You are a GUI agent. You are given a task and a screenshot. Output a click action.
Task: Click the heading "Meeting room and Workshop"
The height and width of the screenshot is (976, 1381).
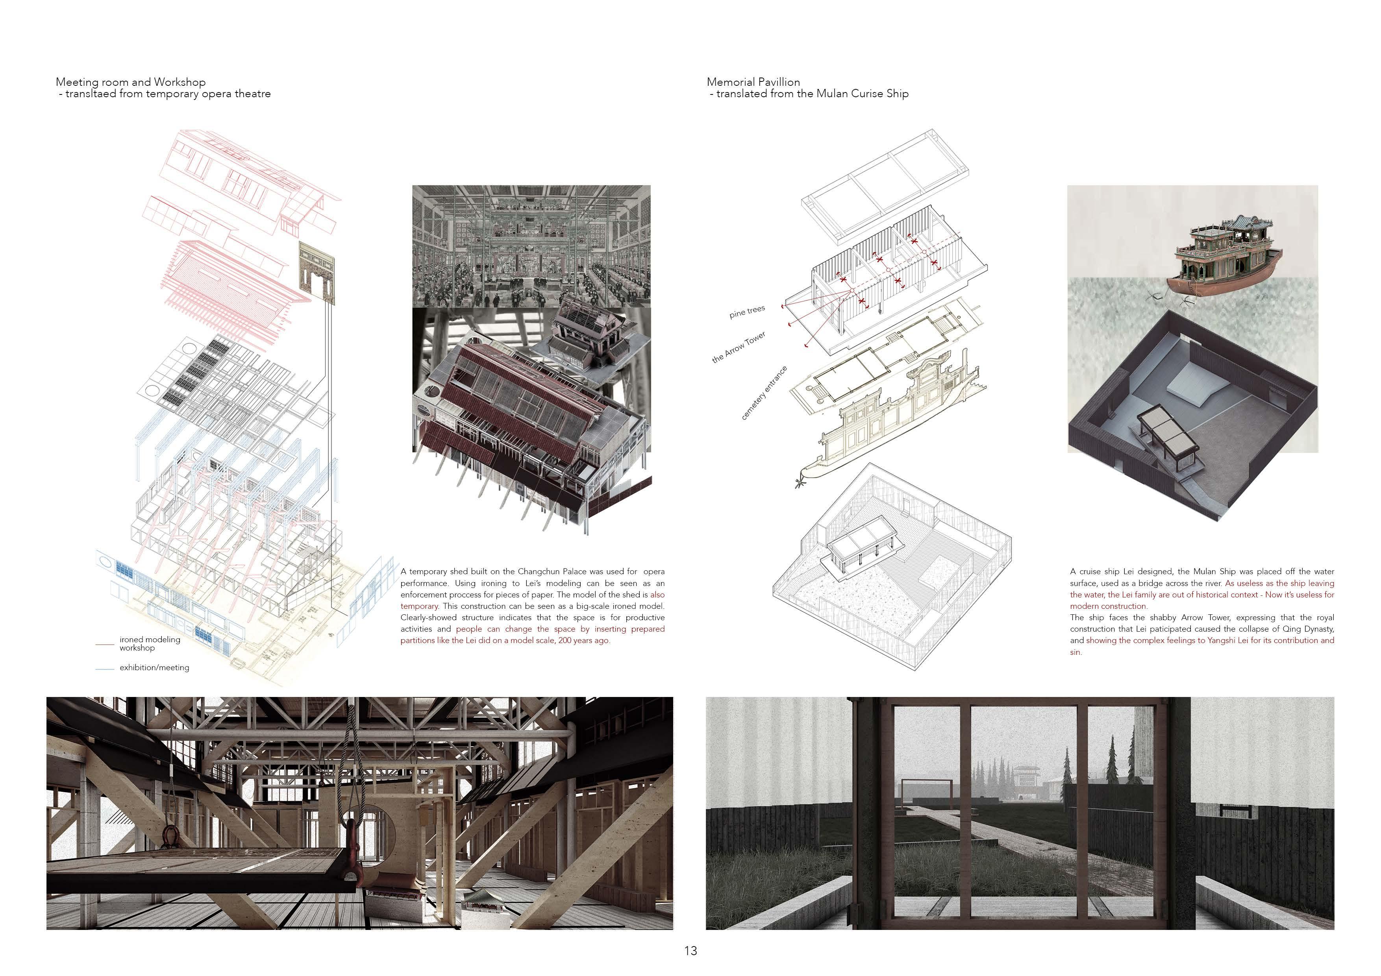(131, 82)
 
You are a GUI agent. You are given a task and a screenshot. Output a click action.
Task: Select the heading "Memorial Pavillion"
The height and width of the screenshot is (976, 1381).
(753, 82)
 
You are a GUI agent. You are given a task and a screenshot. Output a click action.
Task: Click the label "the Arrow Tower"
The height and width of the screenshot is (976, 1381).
(739, 347)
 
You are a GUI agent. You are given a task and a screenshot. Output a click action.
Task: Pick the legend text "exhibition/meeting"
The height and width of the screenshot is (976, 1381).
(154, 667)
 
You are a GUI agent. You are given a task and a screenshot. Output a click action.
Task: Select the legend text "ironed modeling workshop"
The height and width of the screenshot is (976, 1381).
(149, 643)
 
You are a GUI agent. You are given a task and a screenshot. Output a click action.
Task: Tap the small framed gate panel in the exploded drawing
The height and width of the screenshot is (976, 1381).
(317, 268)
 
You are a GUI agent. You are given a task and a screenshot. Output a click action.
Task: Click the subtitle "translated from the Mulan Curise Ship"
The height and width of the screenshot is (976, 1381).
(812, 94)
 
